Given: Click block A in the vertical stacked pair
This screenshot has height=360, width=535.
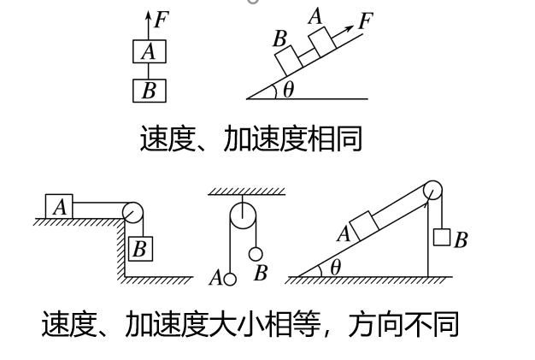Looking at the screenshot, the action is (x=150, y=51).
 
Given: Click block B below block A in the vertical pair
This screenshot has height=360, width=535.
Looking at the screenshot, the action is (x=150, y=91).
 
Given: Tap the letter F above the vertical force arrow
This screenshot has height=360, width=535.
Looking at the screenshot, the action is (x=162, y=20).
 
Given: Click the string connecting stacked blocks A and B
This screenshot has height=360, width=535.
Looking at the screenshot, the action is (x=149, y=71).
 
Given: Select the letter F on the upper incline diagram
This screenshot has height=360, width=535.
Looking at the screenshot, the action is (x=366, y=21).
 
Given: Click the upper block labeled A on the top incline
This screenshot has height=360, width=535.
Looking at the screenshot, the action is (x=322, y=42).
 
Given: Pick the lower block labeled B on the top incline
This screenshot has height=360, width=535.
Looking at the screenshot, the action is (x=289, y=61).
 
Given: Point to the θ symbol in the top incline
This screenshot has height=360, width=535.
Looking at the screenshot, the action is (x=288, y=90).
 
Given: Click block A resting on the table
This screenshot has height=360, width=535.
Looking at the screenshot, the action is (x=59, y=206).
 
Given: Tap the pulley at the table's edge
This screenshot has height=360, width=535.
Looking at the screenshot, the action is (x=132, y=212).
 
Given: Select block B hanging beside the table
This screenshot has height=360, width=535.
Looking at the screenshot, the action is (x=140, y=249).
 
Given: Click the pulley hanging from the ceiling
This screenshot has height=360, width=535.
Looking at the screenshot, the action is (x=243, y=216).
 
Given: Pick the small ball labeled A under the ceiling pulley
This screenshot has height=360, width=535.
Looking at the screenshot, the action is (x=230, y=280).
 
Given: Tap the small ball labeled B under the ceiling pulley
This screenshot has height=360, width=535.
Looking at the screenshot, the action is (x=256, y=254).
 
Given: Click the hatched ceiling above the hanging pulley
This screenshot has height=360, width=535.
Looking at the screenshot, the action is (x=246, y=191).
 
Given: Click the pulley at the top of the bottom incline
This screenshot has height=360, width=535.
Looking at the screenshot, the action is (x=432, y=190).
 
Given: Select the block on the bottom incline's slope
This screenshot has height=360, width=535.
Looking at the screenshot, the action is (x=364, y=226).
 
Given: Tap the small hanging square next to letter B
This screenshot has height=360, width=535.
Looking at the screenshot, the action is (x=442, y=237).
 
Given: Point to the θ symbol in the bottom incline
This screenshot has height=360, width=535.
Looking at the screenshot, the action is (x=336, y=267).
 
